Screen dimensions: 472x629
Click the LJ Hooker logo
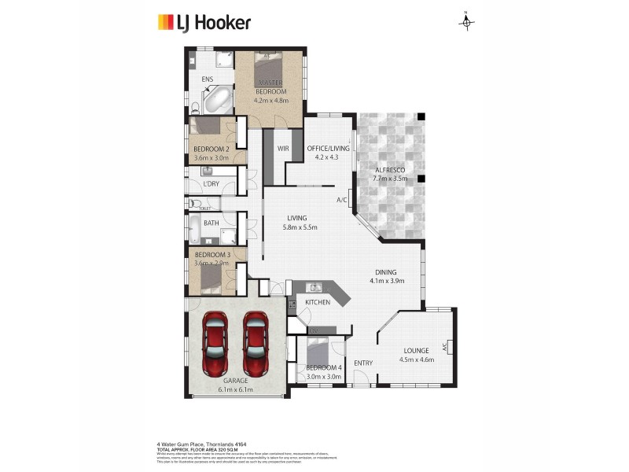pyautogui.click(x=204, y=22)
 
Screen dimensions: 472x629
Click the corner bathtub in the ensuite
pyautogui.click(x=216, y=101)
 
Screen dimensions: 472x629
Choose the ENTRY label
pyautogui.click(x=362, y=363)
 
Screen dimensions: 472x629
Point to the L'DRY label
pyautogui.click(x=211, y=184)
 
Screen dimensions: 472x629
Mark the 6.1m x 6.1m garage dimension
pyautogui.click(x=235, y=389)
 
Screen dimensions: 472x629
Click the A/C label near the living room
pyautogui.click(x=342, y=200)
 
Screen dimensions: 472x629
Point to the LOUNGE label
pyautogui.click(x=417, y=351)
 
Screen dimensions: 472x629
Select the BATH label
pyautogui.click(x=211, y=223)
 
